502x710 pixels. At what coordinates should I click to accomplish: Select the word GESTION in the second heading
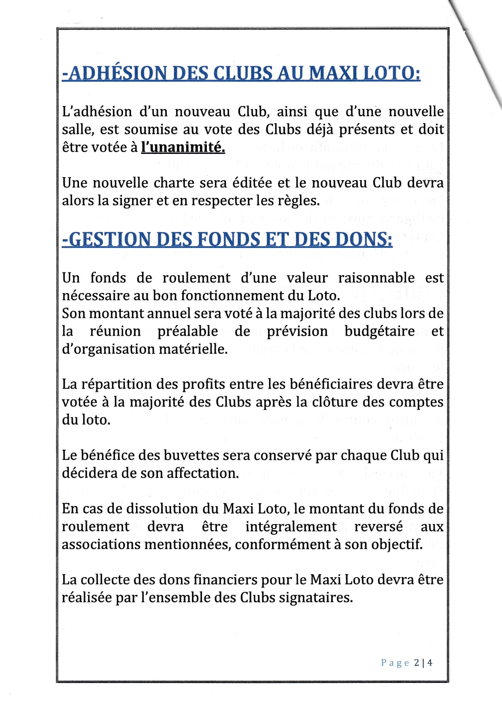(108, 239)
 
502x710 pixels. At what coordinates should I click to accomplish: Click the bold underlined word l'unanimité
(183, 147)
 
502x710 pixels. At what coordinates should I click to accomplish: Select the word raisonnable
(376, 278)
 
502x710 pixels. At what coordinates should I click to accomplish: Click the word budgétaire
(379, 332)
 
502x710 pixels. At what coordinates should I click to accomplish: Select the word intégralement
(291, 527)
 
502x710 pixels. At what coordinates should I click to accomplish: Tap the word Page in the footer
(395, 663)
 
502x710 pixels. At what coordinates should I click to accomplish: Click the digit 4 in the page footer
(430, 663)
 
